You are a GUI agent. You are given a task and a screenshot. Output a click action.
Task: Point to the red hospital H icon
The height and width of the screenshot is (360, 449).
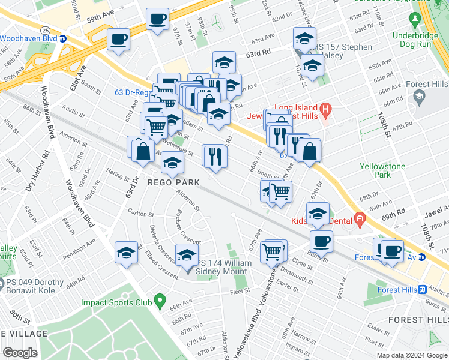click(x=325, y=109)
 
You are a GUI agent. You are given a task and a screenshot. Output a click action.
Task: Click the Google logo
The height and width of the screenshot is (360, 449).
click(x=20, y=353)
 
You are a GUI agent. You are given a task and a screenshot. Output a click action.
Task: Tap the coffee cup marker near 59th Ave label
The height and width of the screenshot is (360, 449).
click(x=157, y=19)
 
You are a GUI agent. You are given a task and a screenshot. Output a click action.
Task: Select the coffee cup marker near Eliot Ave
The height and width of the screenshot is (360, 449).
click(x=118, y=40)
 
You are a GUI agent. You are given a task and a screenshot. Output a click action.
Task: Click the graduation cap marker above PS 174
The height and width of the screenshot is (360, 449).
click(x=187, y=254)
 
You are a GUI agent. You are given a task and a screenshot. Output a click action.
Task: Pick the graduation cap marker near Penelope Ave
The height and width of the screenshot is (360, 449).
click(x=127, y=251)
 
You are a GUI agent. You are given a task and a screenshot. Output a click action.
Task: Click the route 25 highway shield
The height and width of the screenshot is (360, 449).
click(x=44, y=29)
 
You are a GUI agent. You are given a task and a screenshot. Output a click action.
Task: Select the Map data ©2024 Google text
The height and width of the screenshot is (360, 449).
click(x=411, y=355)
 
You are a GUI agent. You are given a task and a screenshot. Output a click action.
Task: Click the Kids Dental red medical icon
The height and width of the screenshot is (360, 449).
click(x=359, y=219)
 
